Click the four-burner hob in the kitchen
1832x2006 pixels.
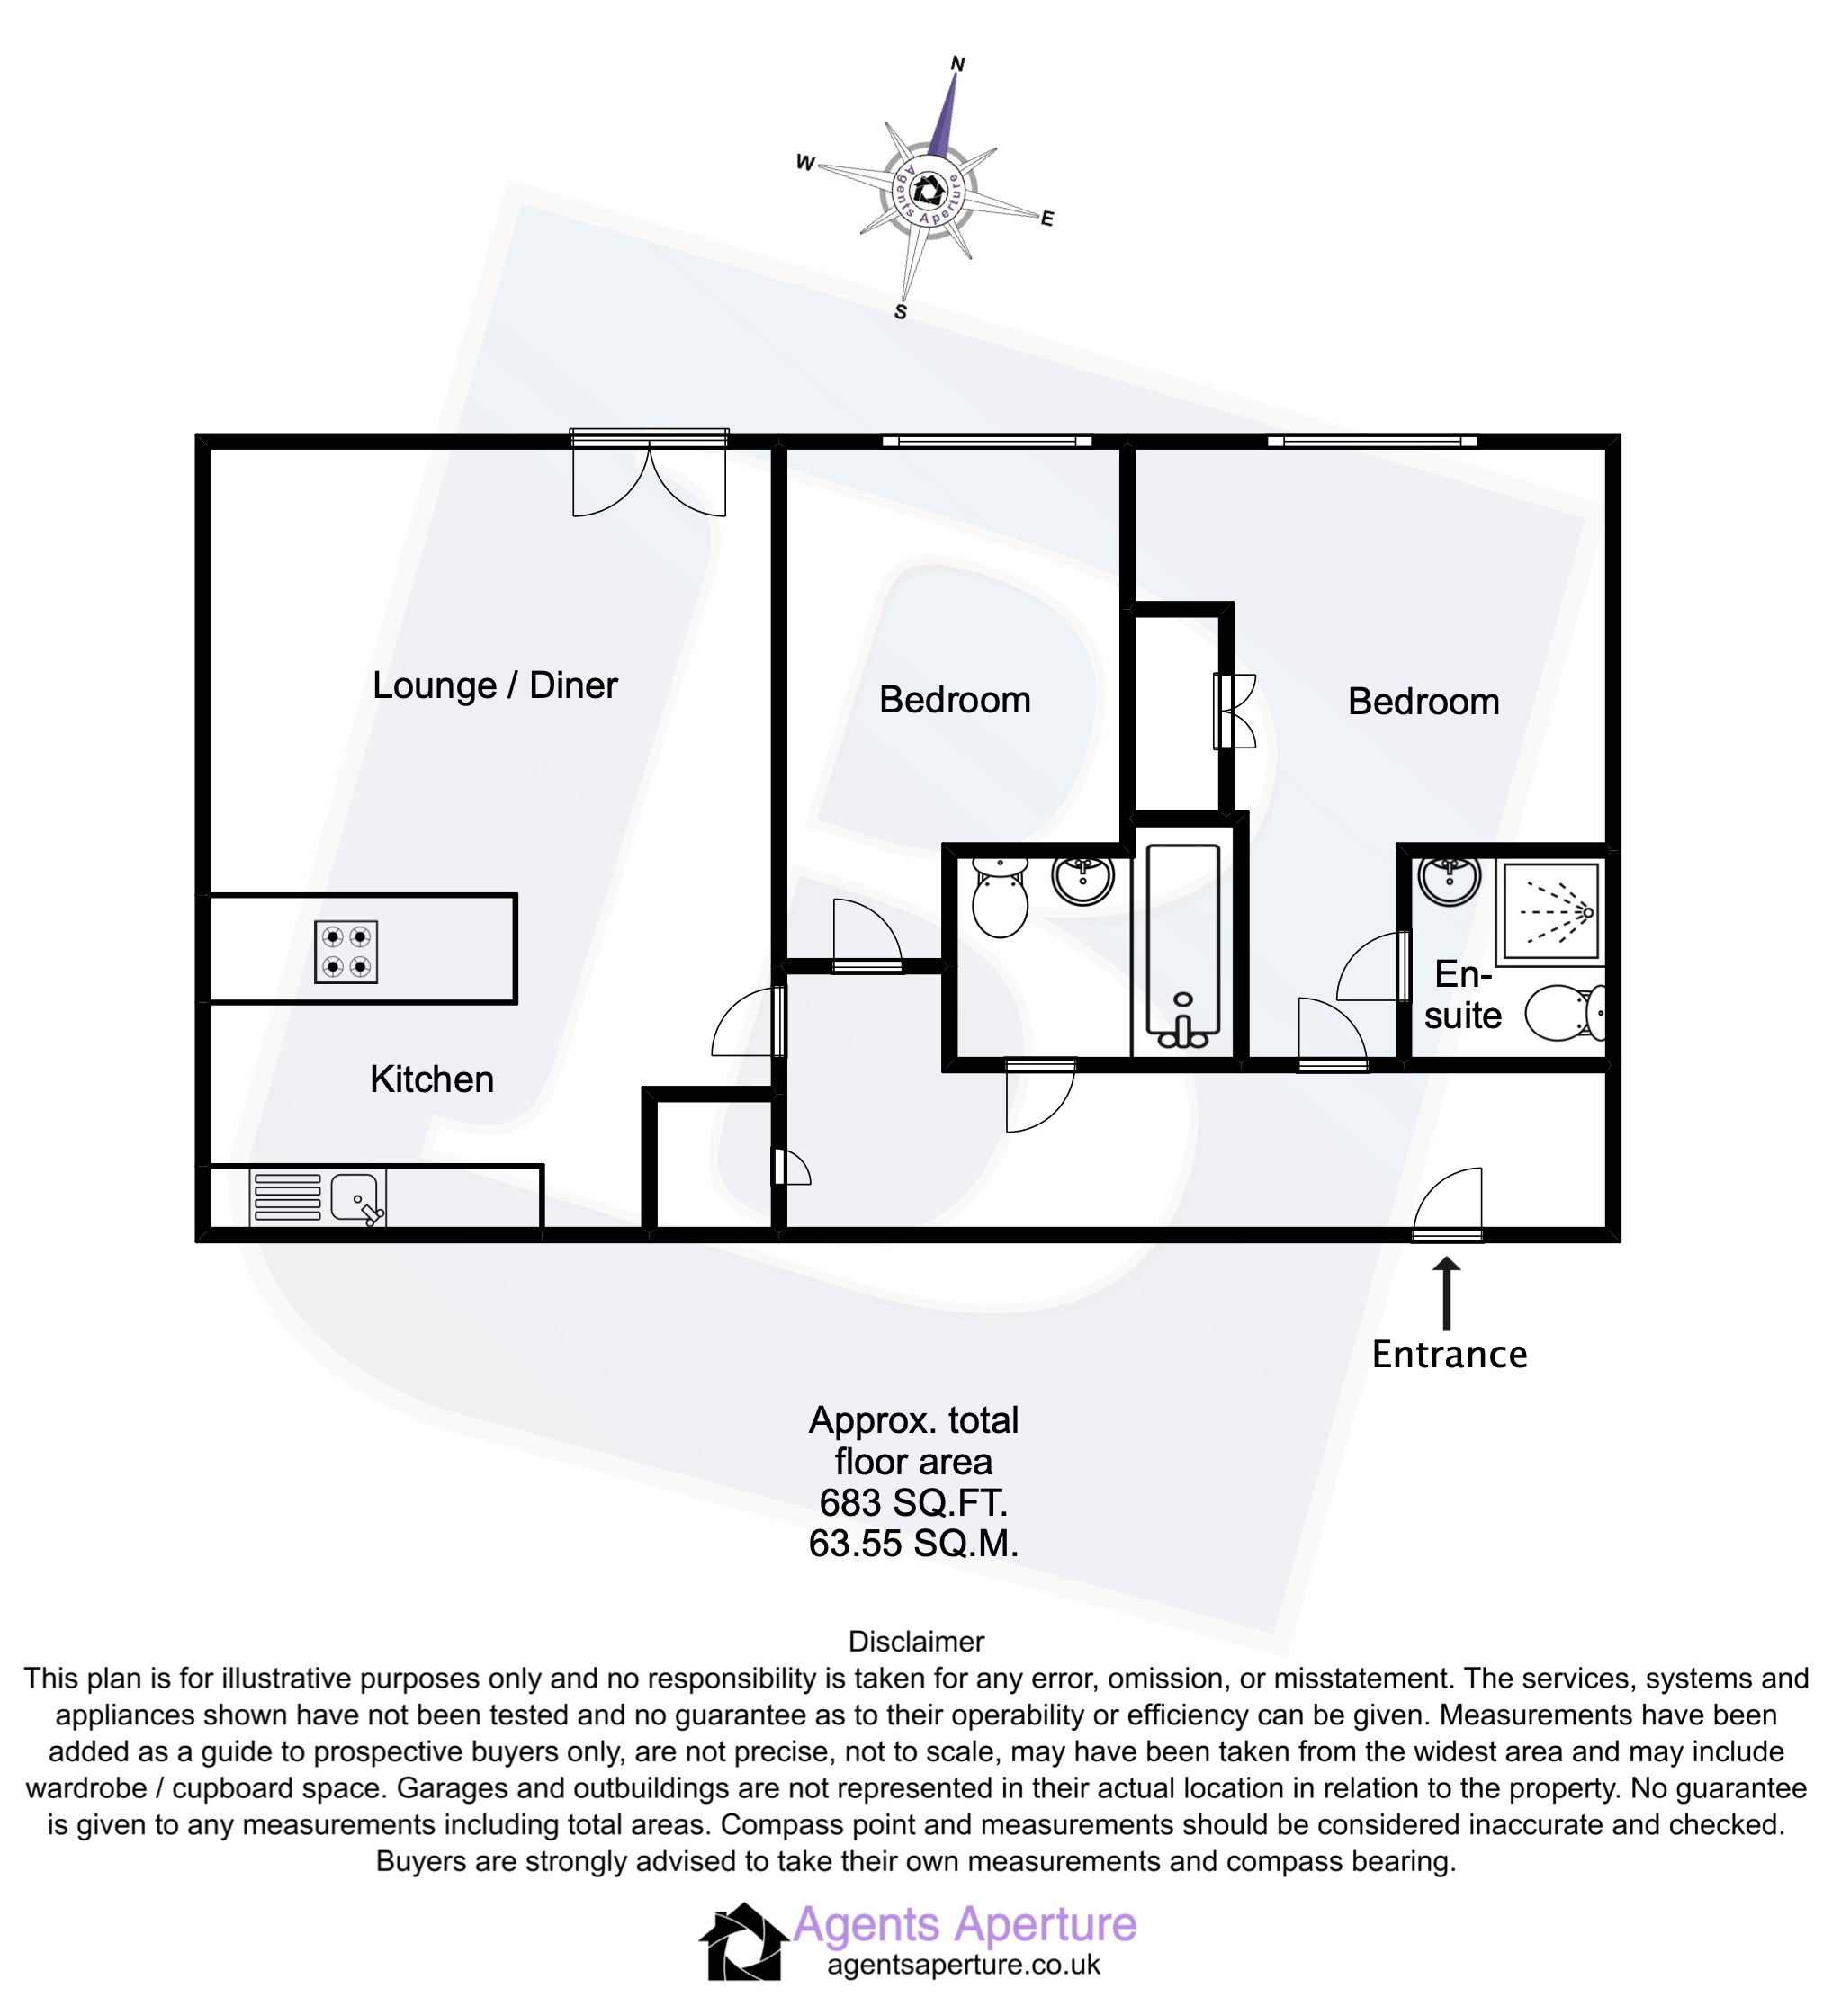(x=346, y=953)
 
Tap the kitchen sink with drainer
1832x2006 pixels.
(x=317, y=1197)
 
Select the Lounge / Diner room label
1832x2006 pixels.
(x=495, y=685)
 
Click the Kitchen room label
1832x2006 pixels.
(x=432, y=1079)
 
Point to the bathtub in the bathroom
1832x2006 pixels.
(x=1182, y=945)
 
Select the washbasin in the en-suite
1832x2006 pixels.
(x=1450, y=880)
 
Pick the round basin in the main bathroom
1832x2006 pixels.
(x=1082, y=879)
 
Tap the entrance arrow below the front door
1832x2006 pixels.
(x=1447, y=1294)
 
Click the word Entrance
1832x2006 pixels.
(x=1449, y=1356)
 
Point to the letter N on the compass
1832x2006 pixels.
(x=958, y=65)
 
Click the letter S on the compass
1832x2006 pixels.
(x=901, y=312)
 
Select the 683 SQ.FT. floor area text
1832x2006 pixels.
(x=913, y=1502)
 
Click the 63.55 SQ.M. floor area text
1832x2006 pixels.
(x=913, y=1545)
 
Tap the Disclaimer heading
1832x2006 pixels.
(x=915, y=1642)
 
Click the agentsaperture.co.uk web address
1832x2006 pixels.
(x=964, y=1966)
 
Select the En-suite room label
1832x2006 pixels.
(x=1462, y=995)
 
